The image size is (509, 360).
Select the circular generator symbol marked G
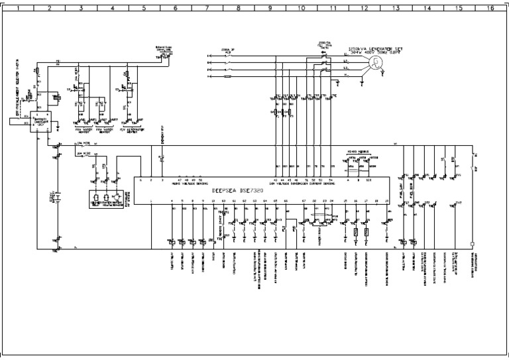(x=375, y=62)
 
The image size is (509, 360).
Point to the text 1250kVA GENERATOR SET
(x=376, y=48)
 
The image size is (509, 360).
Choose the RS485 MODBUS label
(x=357, y=152)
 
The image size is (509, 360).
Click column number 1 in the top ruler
(x=18, y=9)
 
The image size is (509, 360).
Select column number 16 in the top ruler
(x=489, y=9)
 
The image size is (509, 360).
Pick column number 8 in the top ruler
(x=238, y=9)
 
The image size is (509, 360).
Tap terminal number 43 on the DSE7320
(x=276, y=180)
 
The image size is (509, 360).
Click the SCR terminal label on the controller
(x=368, y=180)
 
